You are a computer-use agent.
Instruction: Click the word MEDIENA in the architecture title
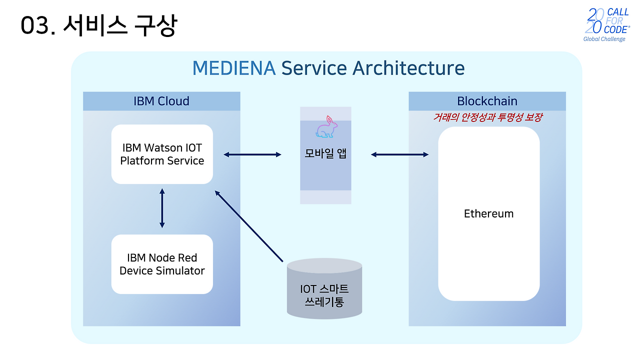click(x=233, y=68)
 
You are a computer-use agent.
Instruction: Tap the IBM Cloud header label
click(x=161, y=101)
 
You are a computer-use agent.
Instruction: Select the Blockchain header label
click(x=487, y=101)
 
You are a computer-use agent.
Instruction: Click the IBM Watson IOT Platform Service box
click(x=162, y=154)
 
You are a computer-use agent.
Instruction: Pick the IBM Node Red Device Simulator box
click(x=162, y=264)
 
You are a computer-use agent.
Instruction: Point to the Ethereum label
click(x=488, y=214)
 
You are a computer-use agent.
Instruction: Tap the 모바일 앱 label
click(x=325, y=153)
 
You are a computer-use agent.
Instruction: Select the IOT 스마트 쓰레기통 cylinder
click(x=324, y=289)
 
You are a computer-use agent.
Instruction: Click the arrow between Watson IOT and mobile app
click(x=252, y=155)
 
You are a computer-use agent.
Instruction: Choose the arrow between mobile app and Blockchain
click(x=399, y=155)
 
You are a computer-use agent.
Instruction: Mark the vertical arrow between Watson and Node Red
click(x=162, y=208)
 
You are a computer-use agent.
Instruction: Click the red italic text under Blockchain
click(x=487, y=117)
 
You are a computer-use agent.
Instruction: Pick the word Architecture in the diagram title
click(x=408, y=68)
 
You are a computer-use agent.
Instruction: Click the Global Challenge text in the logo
click(x=604, y=39)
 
